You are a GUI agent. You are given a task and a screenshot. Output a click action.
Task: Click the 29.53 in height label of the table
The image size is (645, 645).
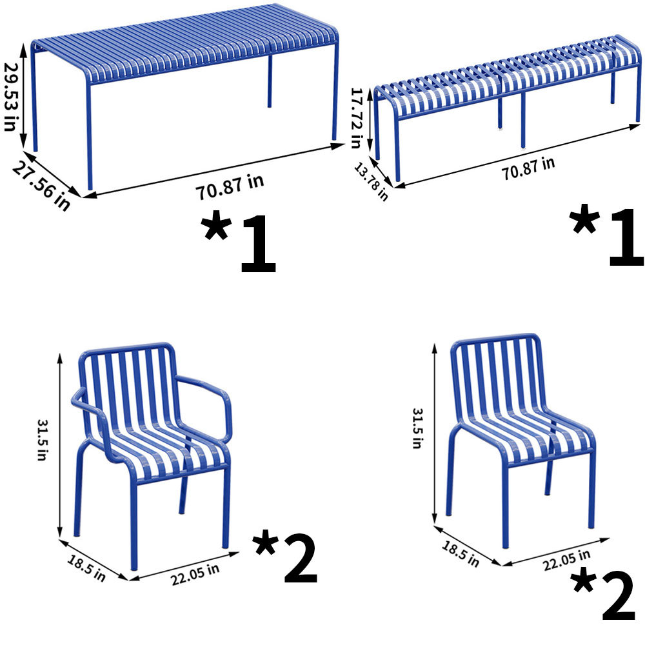(9, 97)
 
